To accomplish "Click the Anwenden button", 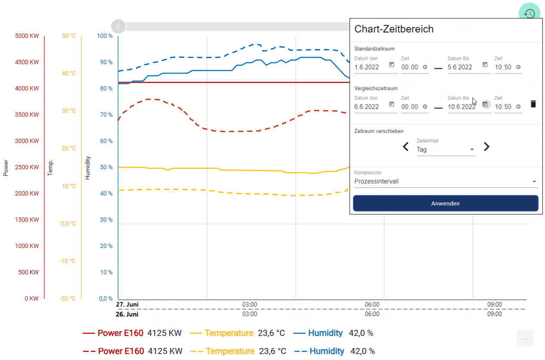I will [446, 203].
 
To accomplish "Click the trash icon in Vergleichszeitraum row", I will [533, 104].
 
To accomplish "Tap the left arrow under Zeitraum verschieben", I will [406, 147].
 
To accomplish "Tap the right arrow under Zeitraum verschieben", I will [486, 147].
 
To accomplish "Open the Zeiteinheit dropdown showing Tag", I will [446, 149].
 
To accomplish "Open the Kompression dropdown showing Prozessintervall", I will [446, 181].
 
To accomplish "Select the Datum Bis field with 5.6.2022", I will [463, 67].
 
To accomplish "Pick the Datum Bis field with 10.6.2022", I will [463, 107].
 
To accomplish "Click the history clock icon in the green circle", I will [530, 13].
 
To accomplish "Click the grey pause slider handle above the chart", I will [118, 27].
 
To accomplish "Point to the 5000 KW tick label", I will [27, 36].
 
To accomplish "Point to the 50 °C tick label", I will [69, 36].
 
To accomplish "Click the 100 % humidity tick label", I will [105, 36].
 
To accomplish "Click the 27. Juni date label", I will [127, 304].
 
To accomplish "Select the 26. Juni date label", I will [127, 314].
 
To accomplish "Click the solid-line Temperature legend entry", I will [229, 333].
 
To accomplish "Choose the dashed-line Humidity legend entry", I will [327, 351].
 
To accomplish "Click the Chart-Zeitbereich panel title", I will [393, 29].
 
